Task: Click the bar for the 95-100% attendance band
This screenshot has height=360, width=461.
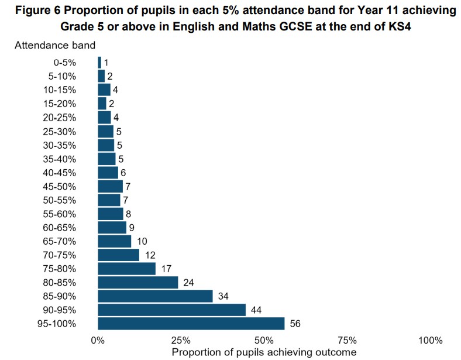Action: click(191, 324)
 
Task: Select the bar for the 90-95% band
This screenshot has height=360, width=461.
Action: click(171, 310)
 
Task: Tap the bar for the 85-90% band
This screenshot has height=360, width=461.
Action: click(155, 296)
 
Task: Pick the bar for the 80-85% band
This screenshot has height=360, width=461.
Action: click(137, 282)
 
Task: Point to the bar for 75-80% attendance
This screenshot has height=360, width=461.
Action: click(126, 269)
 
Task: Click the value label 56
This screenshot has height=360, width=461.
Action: click(295, 324)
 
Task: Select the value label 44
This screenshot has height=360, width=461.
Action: click(256, 310)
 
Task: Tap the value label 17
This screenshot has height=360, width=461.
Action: click(166, 269)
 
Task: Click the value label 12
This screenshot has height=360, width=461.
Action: click(150, 255)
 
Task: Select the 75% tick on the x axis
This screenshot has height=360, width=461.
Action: click(348, 341)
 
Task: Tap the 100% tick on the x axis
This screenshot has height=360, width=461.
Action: click(431, 341)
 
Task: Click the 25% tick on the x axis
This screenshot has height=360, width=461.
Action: click(181, 341)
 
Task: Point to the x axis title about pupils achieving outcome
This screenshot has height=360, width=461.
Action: click(264, 352)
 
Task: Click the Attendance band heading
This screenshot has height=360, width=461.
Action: click(55, 45)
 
